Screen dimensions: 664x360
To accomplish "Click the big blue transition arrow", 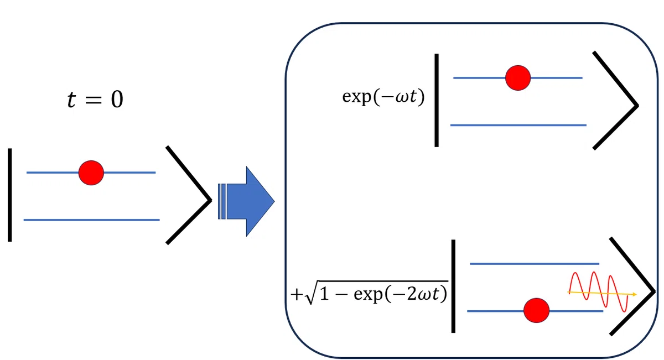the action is pos(246,201).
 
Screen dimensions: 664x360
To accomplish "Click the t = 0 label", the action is pos(95,100).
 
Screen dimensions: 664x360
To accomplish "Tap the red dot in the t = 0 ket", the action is pos(91,173).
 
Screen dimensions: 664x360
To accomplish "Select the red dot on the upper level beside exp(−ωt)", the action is pos(518,78).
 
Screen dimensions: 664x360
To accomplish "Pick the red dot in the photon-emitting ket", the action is pos(537,310).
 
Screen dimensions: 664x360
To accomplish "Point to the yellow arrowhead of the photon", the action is pos(634,294).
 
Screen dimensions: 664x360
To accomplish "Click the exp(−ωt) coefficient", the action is pos(383,97).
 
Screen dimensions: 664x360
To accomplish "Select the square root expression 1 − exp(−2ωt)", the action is pos(377,293).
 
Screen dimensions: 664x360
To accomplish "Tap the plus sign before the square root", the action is pos(297,295).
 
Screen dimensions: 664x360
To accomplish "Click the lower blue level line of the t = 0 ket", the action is pos(92,220).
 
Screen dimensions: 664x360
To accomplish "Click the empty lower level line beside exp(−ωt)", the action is pos(518,126).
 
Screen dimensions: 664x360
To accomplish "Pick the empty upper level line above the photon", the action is pos(535,263).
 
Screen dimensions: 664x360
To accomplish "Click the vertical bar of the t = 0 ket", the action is pos(10,195).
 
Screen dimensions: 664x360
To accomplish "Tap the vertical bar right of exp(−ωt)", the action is pos(437,100).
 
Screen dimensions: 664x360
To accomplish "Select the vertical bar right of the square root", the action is pos(453,286).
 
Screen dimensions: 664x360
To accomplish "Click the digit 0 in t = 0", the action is pos(117,100).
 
